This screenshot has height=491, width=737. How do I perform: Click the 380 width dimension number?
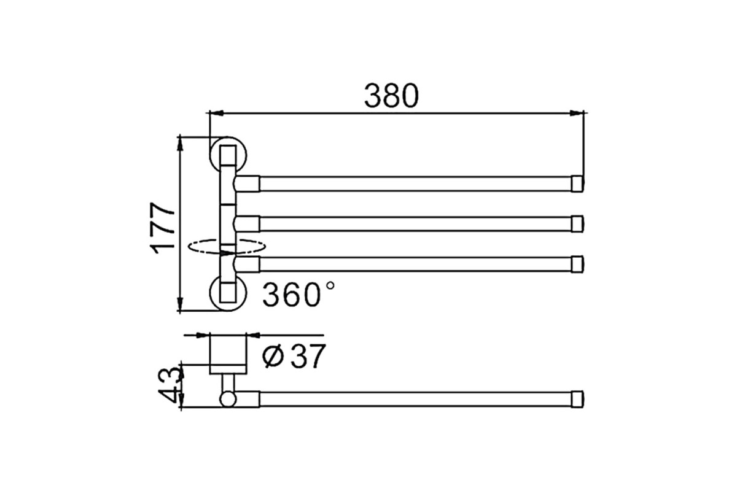[x=391, y=96]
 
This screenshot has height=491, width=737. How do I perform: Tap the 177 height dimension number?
[x=163, y=228]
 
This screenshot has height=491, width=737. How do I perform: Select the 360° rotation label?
[x=298, y=294]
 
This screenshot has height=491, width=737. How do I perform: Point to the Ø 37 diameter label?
[x=294, y=356]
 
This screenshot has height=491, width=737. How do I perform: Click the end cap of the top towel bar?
[x=577, y=184]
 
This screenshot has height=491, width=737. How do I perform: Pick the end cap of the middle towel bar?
[x=577, y=224]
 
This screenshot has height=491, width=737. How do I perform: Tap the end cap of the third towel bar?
[x=577, y=264]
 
